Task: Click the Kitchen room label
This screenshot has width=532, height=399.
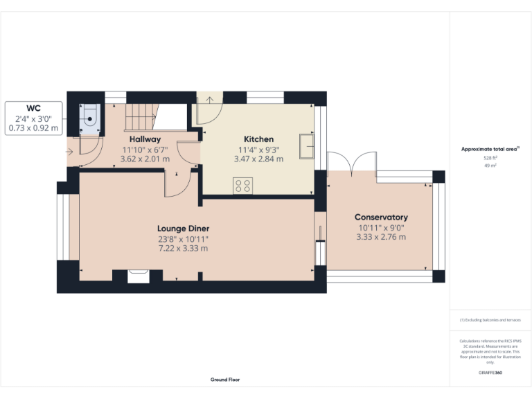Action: click(258, 139)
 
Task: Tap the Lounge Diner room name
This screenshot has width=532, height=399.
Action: click(183, 229)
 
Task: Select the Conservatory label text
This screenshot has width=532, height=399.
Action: click(381, 217)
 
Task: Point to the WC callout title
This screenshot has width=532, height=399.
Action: click(34, 109)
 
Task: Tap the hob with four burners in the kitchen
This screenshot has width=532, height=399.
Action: click(242, 185)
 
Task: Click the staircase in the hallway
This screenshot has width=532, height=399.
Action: click(142, 118)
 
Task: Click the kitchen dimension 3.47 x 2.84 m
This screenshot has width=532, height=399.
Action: click(258, 159)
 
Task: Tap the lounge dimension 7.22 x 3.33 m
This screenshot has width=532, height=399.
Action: click(183, 248)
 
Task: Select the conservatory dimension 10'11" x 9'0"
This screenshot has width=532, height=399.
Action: click(381, 227)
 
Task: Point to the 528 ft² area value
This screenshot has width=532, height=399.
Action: click(490, 158)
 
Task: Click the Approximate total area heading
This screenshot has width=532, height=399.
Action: click(490, 149)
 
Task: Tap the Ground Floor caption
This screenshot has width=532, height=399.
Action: click(225, 380)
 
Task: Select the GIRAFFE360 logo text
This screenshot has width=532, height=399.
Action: click(490, 373)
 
